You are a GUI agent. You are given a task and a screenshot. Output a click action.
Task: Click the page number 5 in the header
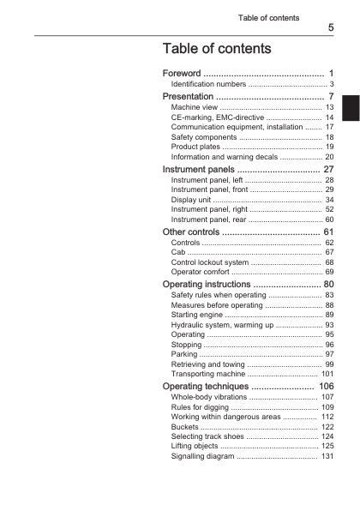click(331, 28)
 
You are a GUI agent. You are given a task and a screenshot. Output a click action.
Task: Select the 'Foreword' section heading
click(183, 73)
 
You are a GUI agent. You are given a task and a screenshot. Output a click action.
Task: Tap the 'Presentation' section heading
click(191, 97)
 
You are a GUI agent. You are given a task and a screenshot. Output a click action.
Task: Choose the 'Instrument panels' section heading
click(203, 170)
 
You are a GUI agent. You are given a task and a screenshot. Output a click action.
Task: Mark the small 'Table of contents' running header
click(268, 17)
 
